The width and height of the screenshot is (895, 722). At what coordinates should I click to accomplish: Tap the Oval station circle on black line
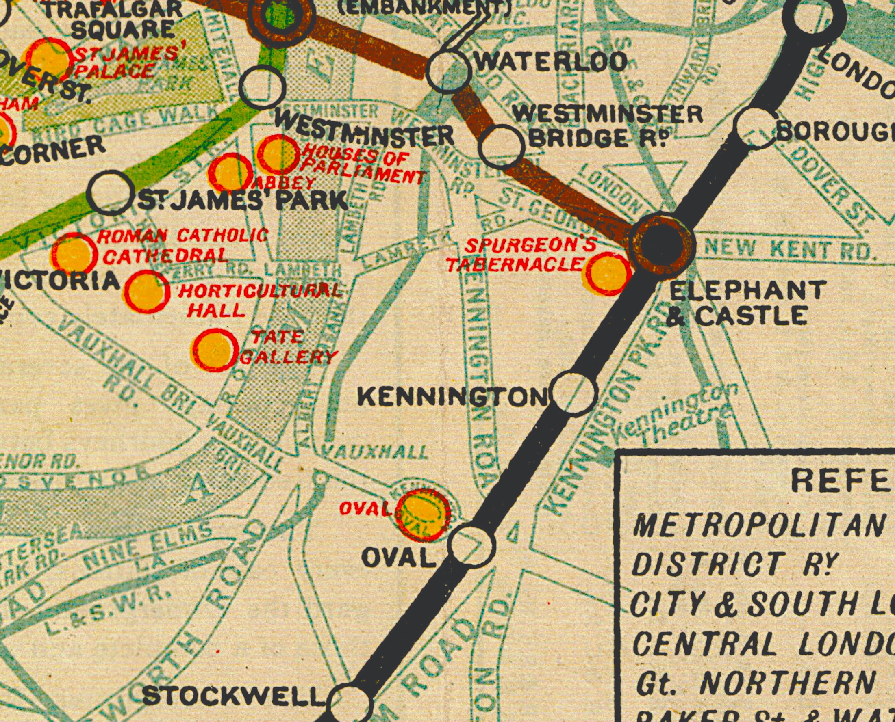click(473, 547)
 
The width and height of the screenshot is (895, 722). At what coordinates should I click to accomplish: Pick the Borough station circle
click(757, 128)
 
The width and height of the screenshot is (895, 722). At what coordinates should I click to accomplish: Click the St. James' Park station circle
click(110, 192)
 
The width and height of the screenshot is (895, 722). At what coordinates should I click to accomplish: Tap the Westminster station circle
click(262, 86)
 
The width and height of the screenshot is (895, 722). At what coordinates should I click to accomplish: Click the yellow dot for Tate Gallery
click(214, 350)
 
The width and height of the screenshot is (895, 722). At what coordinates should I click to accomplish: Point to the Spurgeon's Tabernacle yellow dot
click(608, 274)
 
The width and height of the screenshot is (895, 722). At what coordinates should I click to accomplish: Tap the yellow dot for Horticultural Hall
click(147, 292)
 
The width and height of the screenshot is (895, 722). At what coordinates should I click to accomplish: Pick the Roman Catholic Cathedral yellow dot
click(74, 254)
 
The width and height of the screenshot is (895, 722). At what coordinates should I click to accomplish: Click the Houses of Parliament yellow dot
click(278, 154)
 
